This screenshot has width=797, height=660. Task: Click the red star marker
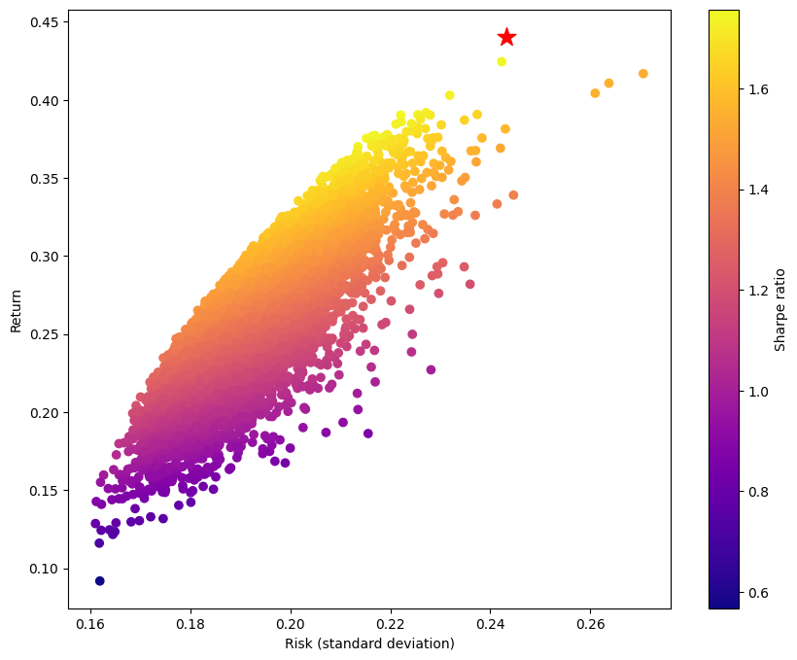pos(506,37)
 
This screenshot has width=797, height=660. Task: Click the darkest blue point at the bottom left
pos(99,581)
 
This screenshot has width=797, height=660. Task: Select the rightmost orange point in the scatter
pos(643,74)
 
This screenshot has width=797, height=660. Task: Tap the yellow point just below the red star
pos(502,61)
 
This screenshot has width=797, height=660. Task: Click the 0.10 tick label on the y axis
pos(46,569)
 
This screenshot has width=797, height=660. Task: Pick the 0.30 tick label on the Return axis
pos(46,257)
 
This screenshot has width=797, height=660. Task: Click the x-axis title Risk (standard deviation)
pos(369,643)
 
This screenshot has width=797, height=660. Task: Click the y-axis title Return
pos(16,309)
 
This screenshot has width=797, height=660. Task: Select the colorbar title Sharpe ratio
pos(780,309)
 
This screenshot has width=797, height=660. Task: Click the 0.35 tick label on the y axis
pos(46,179)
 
